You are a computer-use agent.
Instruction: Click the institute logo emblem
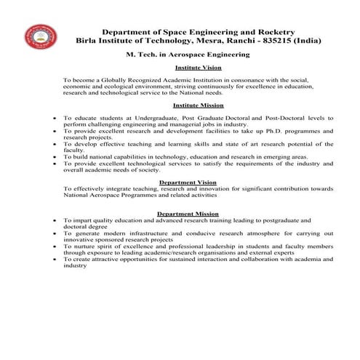41,38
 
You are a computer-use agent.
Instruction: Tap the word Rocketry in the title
273,32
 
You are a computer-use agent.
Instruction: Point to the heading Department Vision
188,182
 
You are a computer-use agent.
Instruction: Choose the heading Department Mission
188,213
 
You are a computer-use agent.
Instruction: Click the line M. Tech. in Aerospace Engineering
188,55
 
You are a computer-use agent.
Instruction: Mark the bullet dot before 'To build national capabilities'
55,156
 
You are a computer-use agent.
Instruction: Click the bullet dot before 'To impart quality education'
55,220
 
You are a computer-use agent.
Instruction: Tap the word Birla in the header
89,41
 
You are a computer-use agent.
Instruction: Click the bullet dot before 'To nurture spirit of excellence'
55,246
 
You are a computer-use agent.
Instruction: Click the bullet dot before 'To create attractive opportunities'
55,259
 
